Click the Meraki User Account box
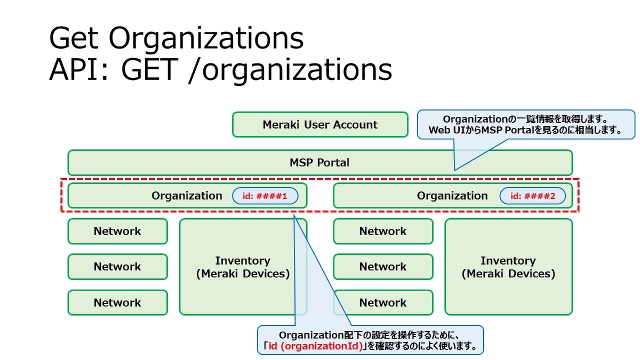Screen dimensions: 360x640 (x=320, y=125)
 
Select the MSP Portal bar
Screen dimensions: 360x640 (x=320, y=162)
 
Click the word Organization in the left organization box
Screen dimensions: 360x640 (x=187, y=196)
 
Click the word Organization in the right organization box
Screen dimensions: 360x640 (x=452, y=196)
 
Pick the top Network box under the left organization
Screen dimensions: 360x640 (x=117, y=231)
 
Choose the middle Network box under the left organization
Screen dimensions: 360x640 (x=117, y=267)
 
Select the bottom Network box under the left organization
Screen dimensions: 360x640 (x=117, y=302)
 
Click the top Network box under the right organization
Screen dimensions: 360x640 (x=383, y=231)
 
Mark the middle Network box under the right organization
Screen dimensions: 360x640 (x=383, y=267)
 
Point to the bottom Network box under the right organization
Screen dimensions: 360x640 (x=383, y=302)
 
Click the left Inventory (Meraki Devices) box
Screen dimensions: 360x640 (x=243, y=267)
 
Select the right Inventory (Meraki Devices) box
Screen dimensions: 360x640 (x=508, y=267)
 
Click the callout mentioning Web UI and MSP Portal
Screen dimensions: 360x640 (x=525, y=125)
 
